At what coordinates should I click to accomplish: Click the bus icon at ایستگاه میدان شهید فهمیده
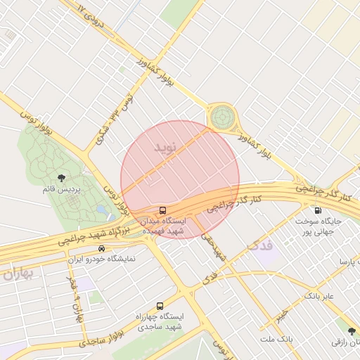(163, 210)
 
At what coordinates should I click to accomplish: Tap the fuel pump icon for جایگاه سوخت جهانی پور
(318, 210)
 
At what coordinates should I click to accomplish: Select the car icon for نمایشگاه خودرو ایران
(102, 248)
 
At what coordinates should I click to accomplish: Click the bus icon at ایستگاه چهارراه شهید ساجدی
(160, 306)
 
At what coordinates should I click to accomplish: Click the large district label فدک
(259, 245)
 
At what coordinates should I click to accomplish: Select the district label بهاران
(17, 274)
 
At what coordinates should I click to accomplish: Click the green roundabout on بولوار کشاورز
(223, 117)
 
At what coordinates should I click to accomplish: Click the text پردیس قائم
(60, 190)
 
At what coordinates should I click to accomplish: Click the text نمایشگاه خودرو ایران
(101, 259)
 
